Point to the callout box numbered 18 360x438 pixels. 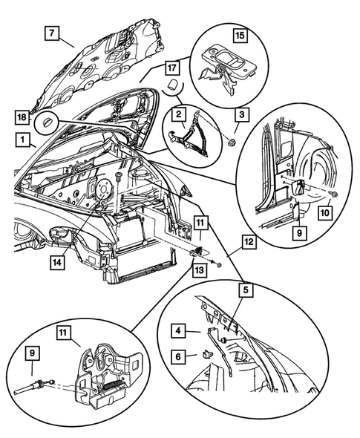pyautogui.click(x=22, y=116)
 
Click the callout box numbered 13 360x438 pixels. pyautogui.click(x=200, y=269)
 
